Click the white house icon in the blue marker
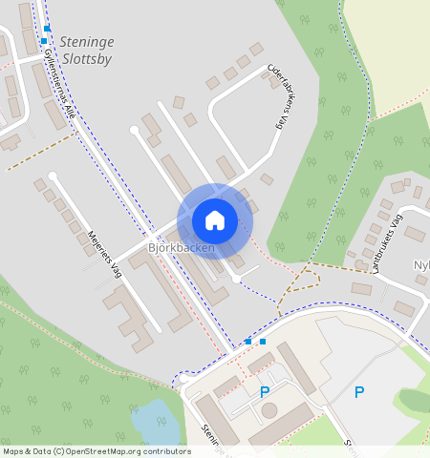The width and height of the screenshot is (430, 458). (215, 220)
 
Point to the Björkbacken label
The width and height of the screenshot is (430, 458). (180, 248)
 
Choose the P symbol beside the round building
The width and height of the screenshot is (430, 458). (265, 391)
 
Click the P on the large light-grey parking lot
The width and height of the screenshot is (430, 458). (359, 391)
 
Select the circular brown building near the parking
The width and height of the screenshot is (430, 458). (269, 410)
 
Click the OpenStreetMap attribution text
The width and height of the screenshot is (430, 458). (97, 451)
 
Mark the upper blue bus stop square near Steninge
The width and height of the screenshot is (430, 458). (47, 29)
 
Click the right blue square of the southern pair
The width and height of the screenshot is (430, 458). (263, 341)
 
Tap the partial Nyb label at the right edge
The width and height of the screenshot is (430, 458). (421, 263)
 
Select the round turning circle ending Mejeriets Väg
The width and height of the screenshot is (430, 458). (54, 176)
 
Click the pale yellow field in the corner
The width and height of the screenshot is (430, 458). (392, 38)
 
